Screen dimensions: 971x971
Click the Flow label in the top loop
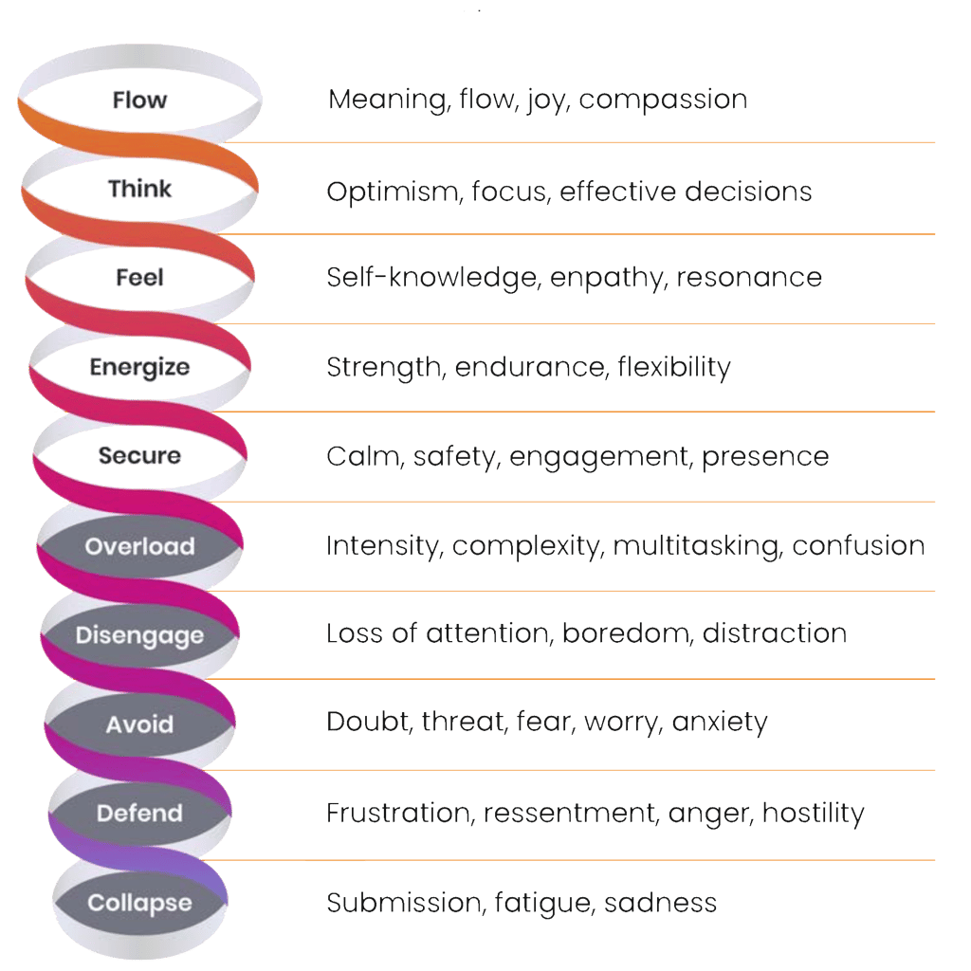pos(139,100)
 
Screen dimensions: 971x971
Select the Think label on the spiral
pos(139,189)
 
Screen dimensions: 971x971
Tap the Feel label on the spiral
pos(139,277)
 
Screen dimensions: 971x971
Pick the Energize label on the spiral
pos(139,367)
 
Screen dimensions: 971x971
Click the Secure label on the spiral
pos(139,456)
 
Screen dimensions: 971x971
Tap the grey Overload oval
pos(139,546)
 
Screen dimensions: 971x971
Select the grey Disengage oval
pos(139,635)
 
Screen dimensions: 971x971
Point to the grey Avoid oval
pos(139,725)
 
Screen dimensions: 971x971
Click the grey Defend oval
pos(139,814)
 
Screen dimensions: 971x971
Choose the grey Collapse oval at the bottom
pos(139,903)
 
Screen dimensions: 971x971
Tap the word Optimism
pos(386,192)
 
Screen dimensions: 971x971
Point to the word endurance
pos(528,367)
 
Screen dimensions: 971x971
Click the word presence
pos(765,457)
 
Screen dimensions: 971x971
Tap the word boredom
pos(626,633)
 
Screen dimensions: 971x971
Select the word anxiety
pos(720,723)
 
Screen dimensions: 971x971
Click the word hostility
pos(813,814)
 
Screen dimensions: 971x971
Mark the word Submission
pos(405,903)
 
